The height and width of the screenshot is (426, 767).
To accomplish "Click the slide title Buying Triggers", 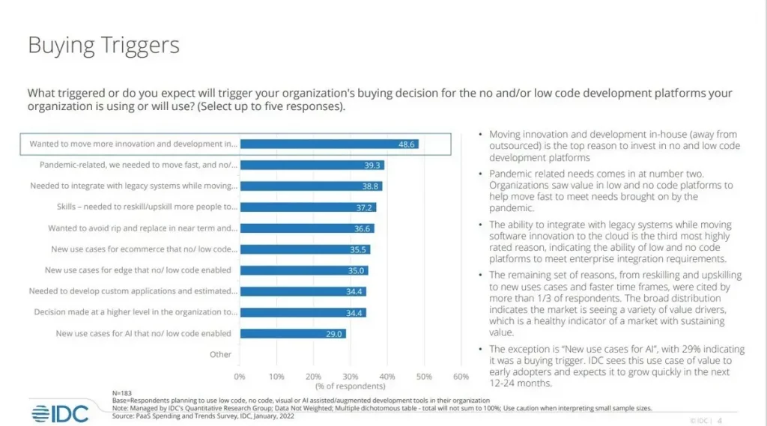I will pyautogui.click(x=103, y=46).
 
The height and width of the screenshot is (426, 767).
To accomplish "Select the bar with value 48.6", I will pyautogui.click(x=329, y=144).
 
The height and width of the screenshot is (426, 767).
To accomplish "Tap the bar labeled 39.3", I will pyautogui.click(x=312, y=165).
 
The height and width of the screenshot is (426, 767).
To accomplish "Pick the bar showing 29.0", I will pyautogui.click(x=293, y=333).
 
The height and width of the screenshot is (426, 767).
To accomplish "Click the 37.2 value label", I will pyautogui.click(x=365, y=207).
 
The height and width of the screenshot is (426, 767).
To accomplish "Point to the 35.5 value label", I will pyautogui.click(x=359, y=249).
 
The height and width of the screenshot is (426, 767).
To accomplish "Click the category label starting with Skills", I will pyautogui.click(x=147, y=207).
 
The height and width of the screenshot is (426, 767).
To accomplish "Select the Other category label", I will pyautogui.click(x=220, y=354).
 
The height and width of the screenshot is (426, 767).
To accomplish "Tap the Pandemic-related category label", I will pyautogui.click(x=138, y=165).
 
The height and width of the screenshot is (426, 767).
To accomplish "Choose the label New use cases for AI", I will pyautogui.click(x=143, y=333).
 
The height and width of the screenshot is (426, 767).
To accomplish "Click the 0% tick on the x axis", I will pyautogui.click(x=240, y=376).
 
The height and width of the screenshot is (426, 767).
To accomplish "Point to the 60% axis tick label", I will pyautogui.click(x=461, y=376).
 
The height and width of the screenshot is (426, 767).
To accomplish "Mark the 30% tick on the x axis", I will pyautogui.click(x=350, y=376).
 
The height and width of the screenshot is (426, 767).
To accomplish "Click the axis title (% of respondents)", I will pyautogui.click(x=350, y=386).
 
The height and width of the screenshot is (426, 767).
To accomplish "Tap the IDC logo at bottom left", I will pyautogui.click(x=60, y=413).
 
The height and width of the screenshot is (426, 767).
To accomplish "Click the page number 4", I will pyautogui.click(x=720, y=420).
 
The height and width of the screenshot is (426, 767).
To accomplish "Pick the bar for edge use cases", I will pyautogui.click(x=303, y=270).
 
